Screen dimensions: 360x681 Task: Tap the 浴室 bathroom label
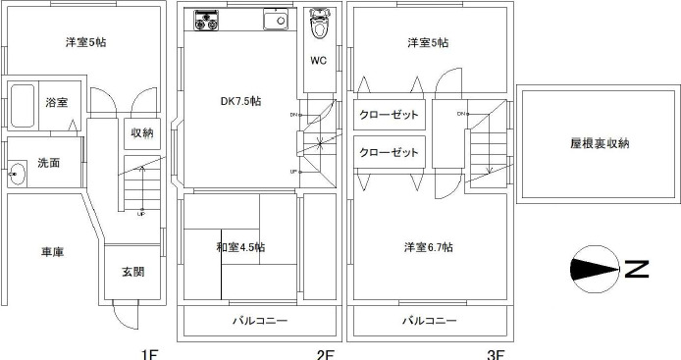point(56,103)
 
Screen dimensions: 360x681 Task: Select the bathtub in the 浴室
point(24,107)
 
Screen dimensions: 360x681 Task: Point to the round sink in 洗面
point(17,176)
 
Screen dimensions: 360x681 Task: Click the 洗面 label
point(49,163)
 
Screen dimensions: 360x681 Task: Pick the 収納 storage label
point(141,132)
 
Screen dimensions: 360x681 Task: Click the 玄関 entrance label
point(134,272)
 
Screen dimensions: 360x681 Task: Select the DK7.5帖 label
point(239,101)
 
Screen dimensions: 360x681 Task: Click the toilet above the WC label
point(320,24)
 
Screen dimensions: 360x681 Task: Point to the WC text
point(319,60)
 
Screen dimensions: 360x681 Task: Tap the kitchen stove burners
point(208,19)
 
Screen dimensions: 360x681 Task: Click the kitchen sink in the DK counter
point(275,19)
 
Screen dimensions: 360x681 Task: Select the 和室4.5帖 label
point(239,246)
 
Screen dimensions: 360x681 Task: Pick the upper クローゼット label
point(389,115)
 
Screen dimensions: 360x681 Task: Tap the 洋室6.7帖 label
point(428,246)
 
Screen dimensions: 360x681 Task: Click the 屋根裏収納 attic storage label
point(600,143)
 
